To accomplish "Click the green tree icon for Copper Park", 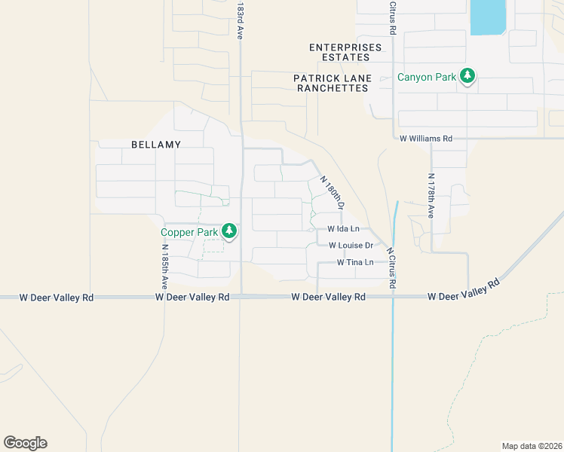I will [x=229, y=232].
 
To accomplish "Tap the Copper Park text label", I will [x=189, y=232].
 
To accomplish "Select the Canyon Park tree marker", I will [x=468, y=76].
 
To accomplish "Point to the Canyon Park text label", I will [x=427, y=77].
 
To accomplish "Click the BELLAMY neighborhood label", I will [x=156, y=144].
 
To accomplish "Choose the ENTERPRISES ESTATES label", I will [x=345, y=53].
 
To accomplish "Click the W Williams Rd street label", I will [x=426, y=139].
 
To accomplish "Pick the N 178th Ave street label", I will [x=431, y=196].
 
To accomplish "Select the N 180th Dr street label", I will [x=333, y=193].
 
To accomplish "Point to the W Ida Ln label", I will [x=343, y=228].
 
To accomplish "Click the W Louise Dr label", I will [x=351, y=246].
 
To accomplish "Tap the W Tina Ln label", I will [x=355, y=262].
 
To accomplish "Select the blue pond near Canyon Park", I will [x=487, y=17].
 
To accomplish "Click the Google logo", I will [x=25, y=443].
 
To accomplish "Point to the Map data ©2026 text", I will [x=532, y=445].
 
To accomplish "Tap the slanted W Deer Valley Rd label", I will [x=464, y=291].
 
